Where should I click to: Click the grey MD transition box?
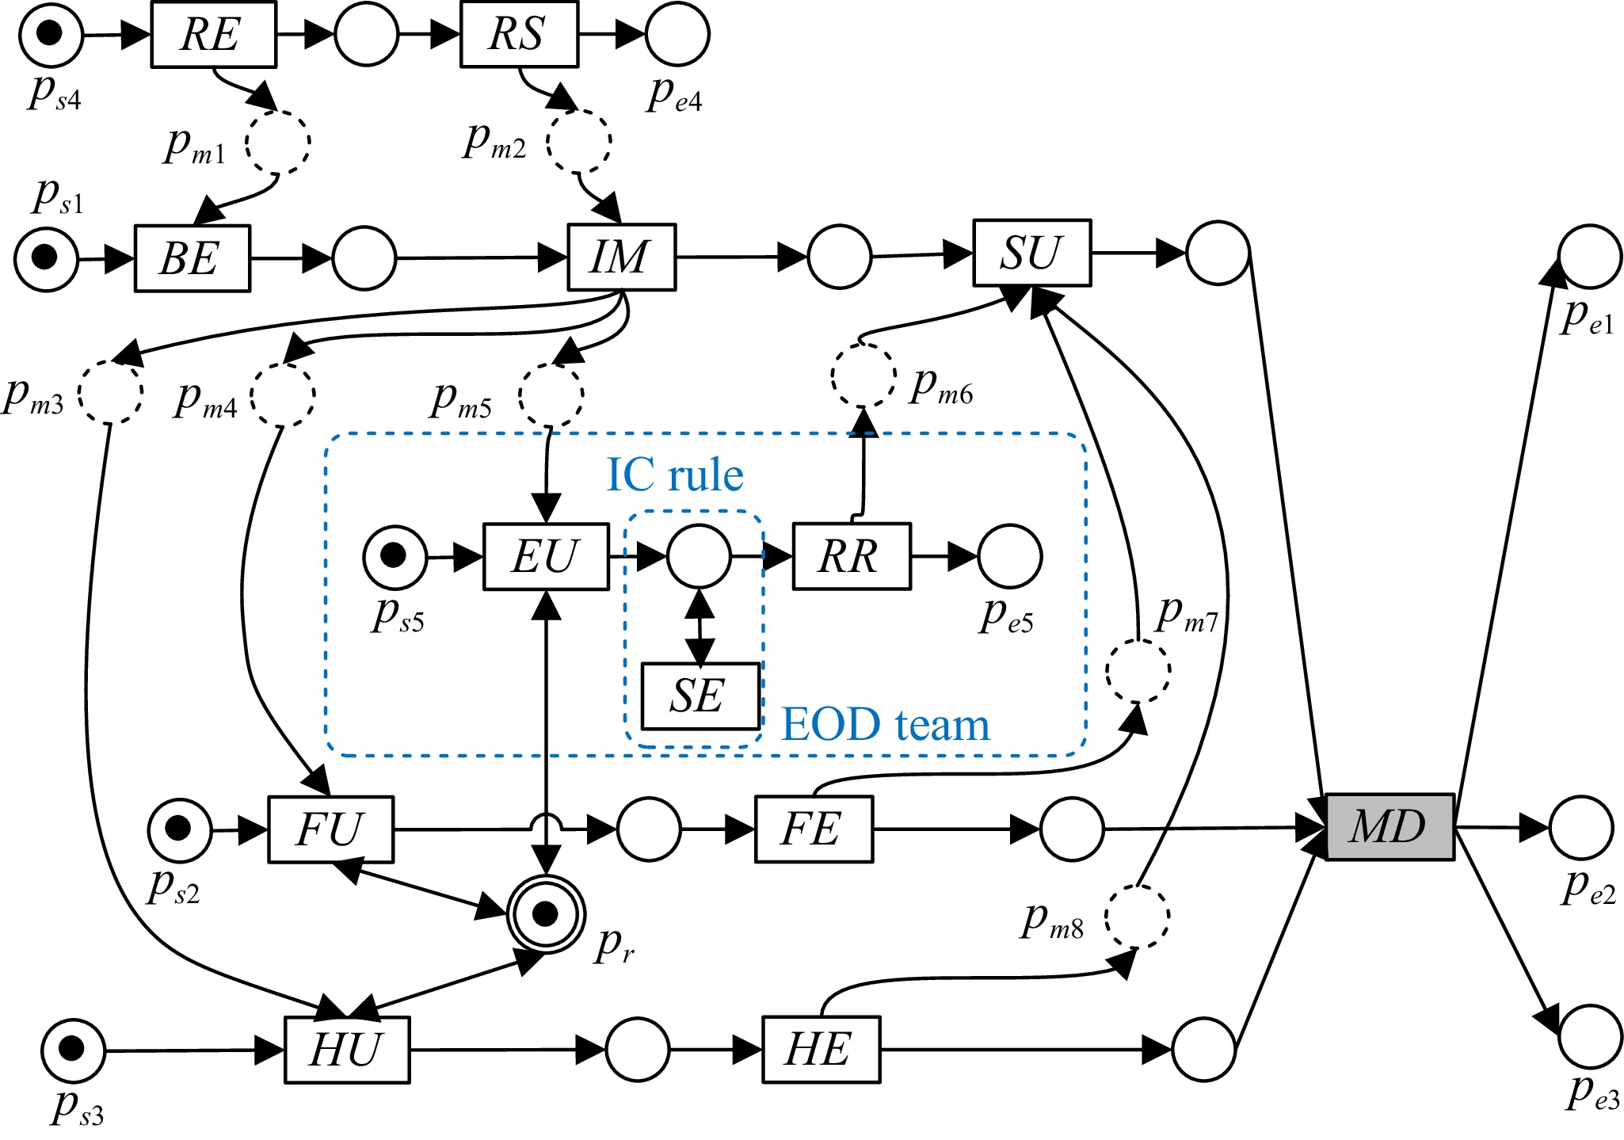(x=1390, y=827)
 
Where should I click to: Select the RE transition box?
(x=213, y=35)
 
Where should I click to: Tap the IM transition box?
(x=621, y=257)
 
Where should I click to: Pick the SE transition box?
(x=700, y=696)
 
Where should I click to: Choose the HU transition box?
(x=347, y=1050)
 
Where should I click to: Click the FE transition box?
(x=814, y=829)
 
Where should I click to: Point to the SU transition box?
(x=1031, y=253)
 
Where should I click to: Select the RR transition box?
(x=852, y=556)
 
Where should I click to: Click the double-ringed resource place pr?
(x=546, y=914)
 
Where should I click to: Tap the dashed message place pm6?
(x=863, y=376)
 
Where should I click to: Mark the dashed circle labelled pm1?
(x=277, y=143)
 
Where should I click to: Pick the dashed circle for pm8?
(x=1137, y=917)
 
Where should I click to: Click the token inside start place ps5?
(x=394, y=555)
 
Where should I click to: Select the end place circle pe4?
(x=677, y=35)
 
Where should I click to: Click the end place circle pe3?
(x=1591, y=1036)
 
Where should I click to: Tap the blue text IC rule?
(x=675, y=475)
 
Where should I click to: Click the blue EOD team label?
(x=886, y=724)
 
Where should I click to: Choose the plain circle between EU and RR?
(x=699, y=556)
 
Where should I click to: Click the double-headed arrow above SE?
(x=700, y=626)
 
